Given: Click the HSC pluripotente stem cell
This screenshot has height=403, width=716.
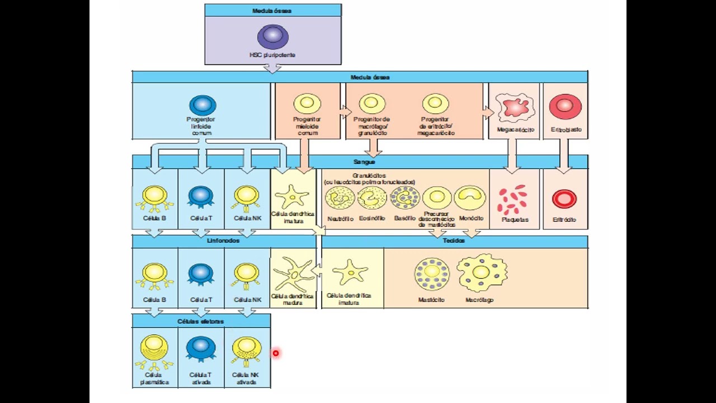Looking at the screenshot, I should (272, 36).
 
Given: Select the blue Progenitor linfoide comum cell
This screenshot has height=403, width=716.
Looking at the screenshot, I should (202, 105).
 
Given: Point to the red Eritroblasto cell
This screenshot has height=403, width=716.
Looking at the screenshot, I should (565, 107).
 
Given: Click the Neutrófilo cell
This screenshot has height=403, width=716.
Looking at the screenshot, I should (340, 198).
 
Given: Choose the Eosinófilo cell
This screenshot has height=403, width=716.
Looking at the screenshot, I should (372, 198).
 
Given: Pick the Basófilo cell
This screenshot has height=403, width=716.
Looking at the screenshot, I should (404, 198).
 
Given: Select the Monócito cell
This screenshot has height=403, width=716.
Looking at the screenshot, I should (470, 198).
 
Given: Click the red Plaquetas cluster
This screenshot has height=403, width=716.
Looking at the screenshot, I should (513, 200).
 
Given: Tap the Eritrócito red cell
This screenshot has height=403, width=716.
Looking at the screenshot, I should (564, 199).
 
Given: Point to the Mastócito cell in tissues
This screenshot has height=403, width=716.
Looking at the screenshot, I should (431, 274).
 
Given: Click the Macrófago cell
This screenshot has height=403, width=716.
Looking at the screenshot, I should (481, 273).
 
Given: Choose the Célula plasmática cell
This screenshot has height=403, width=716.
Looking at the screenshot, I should (154, 349).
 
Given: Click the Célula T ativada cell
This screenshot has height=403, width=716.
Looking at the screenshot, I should (200, 348).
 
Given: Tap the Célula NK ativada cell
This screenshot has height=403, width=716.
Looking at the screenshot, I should (246, 349).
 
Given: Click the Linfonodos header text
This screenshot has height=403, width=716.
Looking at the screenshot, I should (223, 241).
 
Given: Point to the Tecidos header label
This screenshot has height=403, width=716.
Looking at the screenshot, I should (454, 241).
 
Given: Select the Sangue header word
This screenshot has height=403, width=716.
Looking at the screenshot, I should (364, 162).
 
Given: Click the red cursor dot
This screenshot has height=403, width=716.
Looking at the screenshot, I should (276, 353).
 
